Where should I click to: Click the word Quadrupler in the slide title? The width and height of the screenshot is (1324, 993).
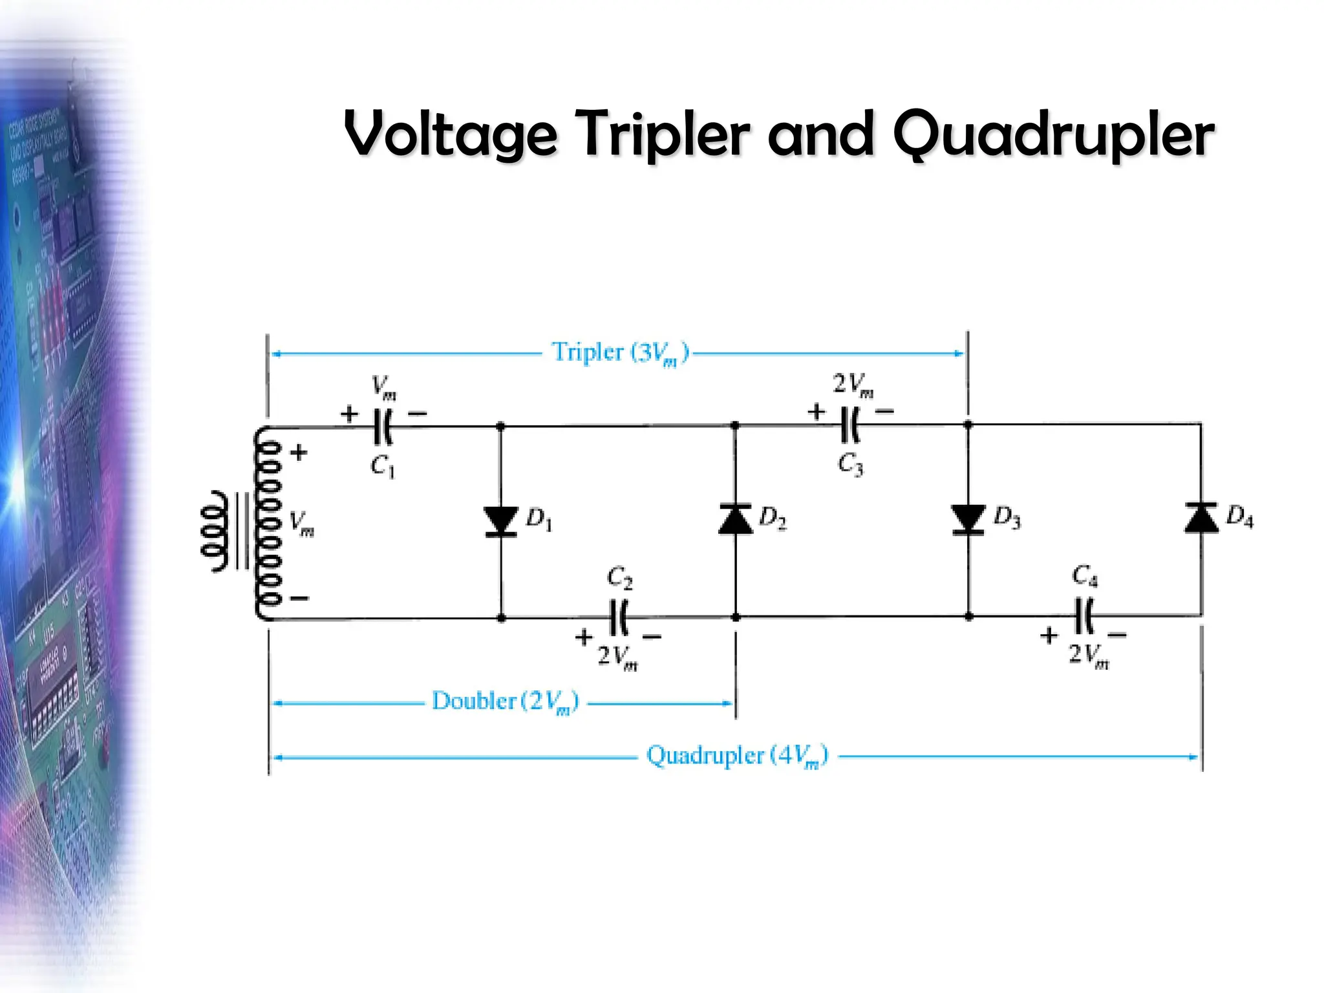point(1054,134)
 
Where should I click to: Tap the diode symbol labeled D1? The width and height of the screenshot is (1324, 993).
point(501,521)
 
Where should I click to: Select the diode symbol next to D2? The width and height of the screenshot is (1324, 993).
point(735,519)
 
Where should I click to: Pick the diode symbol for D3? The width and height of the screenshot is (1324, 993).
point(968,519)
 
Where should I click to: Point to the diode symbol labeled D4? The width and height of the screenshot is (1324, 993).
point(1201,518)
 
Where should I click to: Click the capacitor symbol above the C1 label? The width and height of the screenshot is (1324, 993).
point(383,427)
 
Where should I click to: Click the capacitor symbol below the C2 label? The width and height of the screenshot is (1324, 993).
point(619,618)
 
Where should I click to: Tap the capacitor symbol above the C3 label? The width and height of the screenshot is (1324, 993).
point(850,425)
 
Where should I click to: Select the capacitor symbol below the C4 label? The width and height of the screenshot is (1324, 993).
point(1084,616)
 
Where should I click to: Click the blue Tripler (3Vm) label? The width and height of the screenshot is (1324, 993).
point(619,353)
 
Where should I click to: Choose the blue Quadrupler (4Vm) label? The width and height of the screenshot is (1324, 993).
point(736,756)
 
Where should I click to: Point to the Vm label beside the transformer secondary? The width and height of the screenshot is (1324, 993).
point(301,523)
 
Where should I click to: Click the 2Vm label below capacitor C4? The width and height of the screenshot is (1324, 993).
point(1088,656)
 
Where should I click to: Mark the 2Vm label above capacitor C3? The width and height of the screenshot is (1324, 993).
point(853,385)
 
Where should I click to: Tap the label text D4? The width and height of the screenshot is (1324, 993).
point(1239,517)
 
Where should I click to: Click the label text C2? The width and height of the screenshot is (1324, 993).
point(619,577)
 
